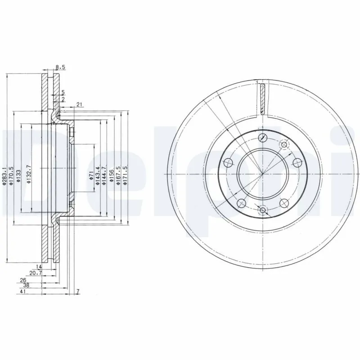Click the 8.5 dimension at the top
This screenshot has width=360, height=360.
coord(61,67)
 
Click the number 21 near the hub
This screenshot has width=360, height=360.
coord(79,105)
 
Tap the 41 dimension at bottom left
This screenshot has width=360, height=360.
coord(23,292)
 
